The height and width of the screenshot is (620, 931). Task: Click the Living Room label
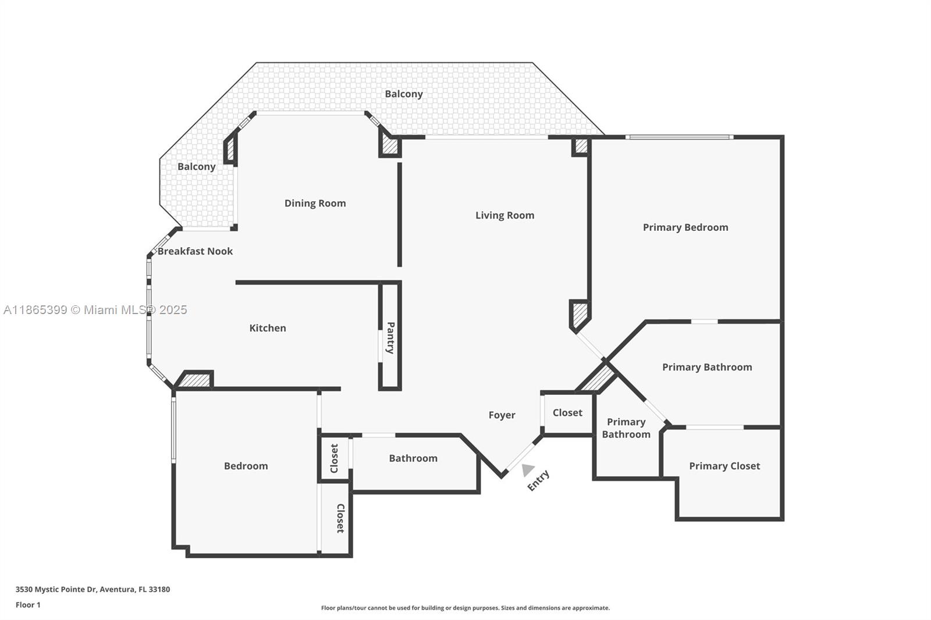pos(504,215)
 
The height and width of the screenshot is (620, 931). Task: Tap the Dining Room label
pos(315,203)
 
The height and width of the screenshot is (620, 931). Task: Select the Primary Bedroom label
pos(685,227)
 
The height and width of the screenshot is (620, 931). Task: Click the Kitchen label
pos(267,328)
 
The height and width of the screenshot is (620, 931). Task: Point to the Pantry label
pos(390,337)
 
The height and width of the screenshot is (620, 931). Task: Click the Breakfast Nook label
pos(195,251)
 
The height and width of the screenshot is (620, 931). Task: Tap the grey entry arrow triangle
pos(527,469)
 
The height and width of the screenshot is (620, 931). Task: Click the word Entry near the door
pos(538,480)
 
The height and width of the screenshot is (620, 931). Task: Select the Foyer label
pos(502,415)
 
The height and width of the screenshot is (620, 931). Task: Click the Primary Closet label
pos(724,466)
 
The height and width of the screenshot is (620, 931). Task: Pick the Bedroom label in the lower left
pos(246,466)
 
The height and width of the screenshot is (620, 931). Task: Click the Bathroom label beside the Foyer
pos(413,458)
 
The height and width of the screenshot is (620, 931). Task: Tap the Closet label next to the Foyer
pos(567,412)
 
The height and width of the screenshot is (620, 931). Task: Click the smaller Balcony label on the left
pos(196,166)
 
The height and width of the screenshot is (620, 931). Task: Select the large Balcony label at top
pos(403,94)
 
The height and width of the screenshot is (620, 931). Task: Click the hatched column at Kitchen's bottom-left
pos(195,380)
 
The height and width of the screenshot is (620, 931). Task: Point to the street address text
pos(93,589)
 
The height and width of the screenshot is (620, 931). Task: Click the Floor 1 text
pos(28,605)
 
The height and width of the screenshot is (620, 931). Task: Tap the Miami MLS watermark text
pos(95,310)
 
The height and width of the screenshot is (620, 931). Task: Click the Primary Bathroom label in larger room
pos(706,367)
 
